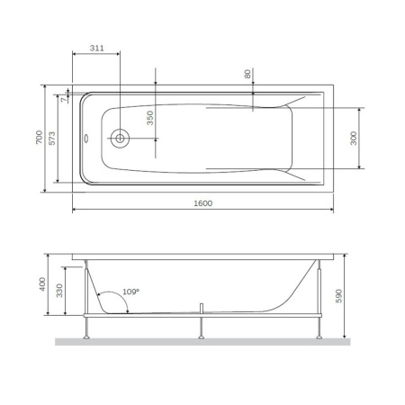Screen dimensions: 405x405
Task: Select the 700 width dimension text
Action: pos(40,138)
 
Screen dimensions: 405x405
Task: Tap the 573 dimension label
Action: pos(53,138)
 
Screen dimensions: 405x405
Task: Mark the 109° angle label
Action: pos(131,292)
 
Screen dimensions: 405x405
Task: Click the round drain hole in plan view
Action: pos(120,139)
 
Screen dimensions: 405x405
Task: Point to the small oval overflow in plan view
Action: pos(86,139)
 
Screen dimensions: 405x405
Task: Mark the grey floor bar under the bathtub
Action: pos(202,342)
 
